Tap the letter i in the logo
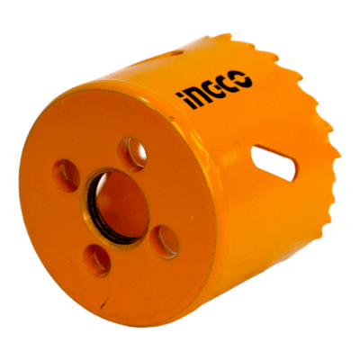(180, 100)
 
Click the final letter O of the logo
(242, 79)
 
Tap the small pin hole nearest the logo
(131, 155)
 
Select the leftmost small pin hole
(66, 175)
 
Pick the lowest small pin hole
(96, 260)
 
